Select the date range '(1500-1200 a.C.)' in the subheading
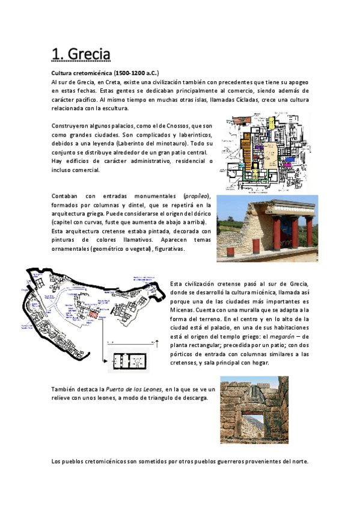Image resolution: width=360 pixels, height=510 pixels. click(132, 72)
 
